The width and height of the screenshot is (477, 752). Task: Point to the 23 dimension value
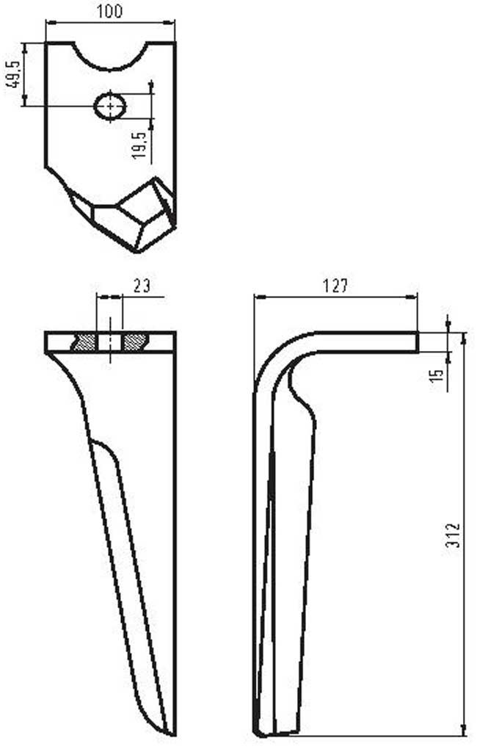(142, 286)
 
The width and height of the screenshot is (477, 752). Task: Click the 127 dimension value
(335, 286)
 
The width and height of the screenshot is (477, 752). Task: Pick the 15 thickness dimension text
(437, 375)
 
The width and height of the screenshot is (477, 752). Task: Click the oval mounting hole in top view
(110, 106)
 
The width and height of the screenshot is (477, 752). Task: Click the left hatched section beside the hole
(85, 341)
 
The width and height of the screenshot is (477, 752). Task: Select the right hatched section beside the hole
(135, 341)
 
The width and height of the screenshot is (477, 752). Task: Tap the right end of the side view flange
(416, 342)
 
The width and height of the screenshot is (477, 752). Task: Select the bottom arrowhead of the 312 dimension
(464, 730)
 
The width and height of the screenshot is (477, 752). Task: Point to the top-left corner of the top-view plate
(46, 43)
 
